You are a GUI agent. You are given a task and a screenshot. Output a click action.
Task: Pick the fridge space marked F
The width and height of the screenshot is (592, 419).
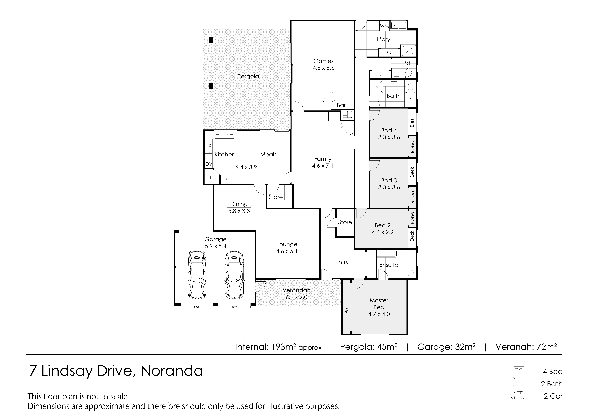[x=226, y=180]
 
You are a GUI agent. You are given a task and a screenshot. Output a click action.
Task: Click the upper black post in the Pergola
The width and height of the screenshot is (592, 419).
[x=211, y=40]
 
